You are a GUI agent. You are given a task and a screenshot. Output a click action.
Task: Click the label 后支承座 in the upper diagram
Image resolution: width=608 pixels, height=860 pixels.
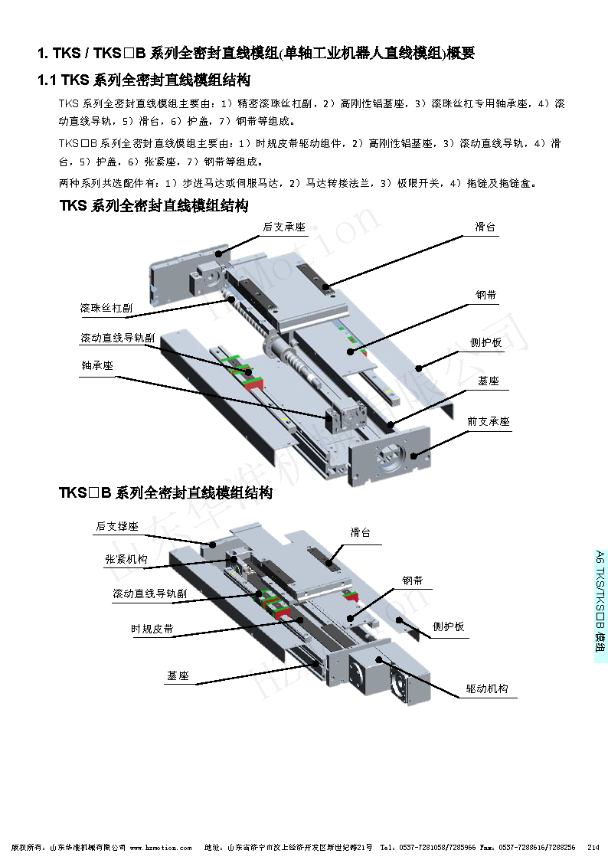(x=284, y=227)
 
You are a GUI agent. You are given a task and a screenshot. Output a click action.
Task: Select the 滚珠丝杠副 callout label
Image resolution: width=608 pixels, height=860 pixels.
(x=106, y=308)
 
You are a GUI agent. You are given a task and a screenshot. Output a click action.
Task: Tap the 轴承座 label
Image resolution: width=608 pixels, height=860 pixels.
(x=97, y=366)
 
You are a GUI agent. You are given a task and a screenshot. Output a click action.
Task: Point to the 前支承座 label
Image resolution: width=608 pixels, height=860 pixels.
(x=489, y=422)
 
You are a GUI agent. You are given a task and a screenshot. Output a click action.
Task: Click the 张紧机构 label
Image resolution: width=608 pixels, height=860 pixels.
(x=126, y=560)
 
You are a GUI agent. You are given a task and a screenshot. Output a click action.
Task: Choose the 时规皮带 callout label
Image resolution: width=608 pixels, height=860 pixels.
(x=152, y=629)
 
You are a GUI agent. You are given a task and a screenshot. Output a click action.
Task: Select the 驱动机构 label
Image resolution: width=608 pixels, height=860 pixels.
(x=487, y=688)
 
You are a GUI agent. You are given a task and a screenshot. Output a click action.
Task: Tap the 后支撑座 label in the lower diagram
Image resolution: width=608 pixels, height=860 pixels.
(x=117, y=527)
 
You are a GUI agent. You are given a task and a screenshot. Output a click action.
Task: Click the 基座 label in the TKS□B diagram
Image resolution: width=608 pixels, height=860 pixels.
(x=178, y=676)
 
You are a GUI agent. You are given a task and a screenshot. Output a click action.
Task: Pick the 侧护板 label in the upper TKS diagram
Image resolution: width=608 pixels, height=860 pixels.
(x=486, y=342)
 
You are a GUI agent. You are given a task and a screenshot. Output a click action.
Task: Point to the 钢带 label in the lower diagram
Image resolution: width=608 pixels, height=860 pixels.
(x=412, y=581)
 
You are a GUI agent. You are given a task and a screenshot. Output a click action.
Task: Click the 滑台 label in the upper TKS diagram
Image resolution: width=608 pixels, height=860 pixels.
(x=485, y=227)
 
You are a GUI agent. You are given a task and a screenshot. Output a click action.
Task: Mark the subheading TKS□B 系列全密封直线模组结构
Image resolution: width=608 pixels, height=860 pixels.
(x=165, y=493)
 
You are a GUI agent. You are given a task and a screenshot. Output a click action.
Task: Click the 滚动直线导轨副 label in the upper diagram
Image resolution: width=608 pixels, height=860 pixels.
(x=117, y=338)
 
